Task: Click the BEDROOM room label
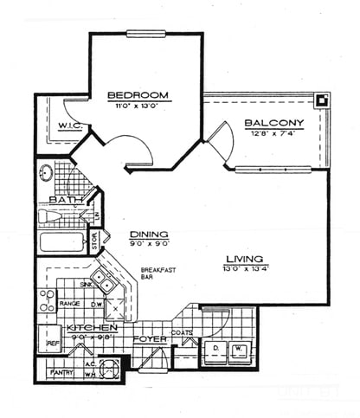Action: pyautogui.click(x=137, y=94)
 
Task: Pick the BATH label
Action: pyautogui.click(x=66, y=200)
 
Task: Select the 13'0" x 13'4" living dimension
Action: pyautogui.click(x=245, y=268)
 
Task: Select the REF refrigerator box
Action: pyautogui.click(x=51, y=344)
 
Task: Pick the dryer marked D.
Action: pyautogui.click(x=213, y=350)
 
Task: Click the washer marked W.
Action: pyautogui.click(x=238, y=350)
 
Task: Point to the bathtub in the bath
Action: pyautogui.click(x=61, y=241)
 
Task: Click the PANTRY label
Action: pyautogui.click(x=60, y=372)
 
